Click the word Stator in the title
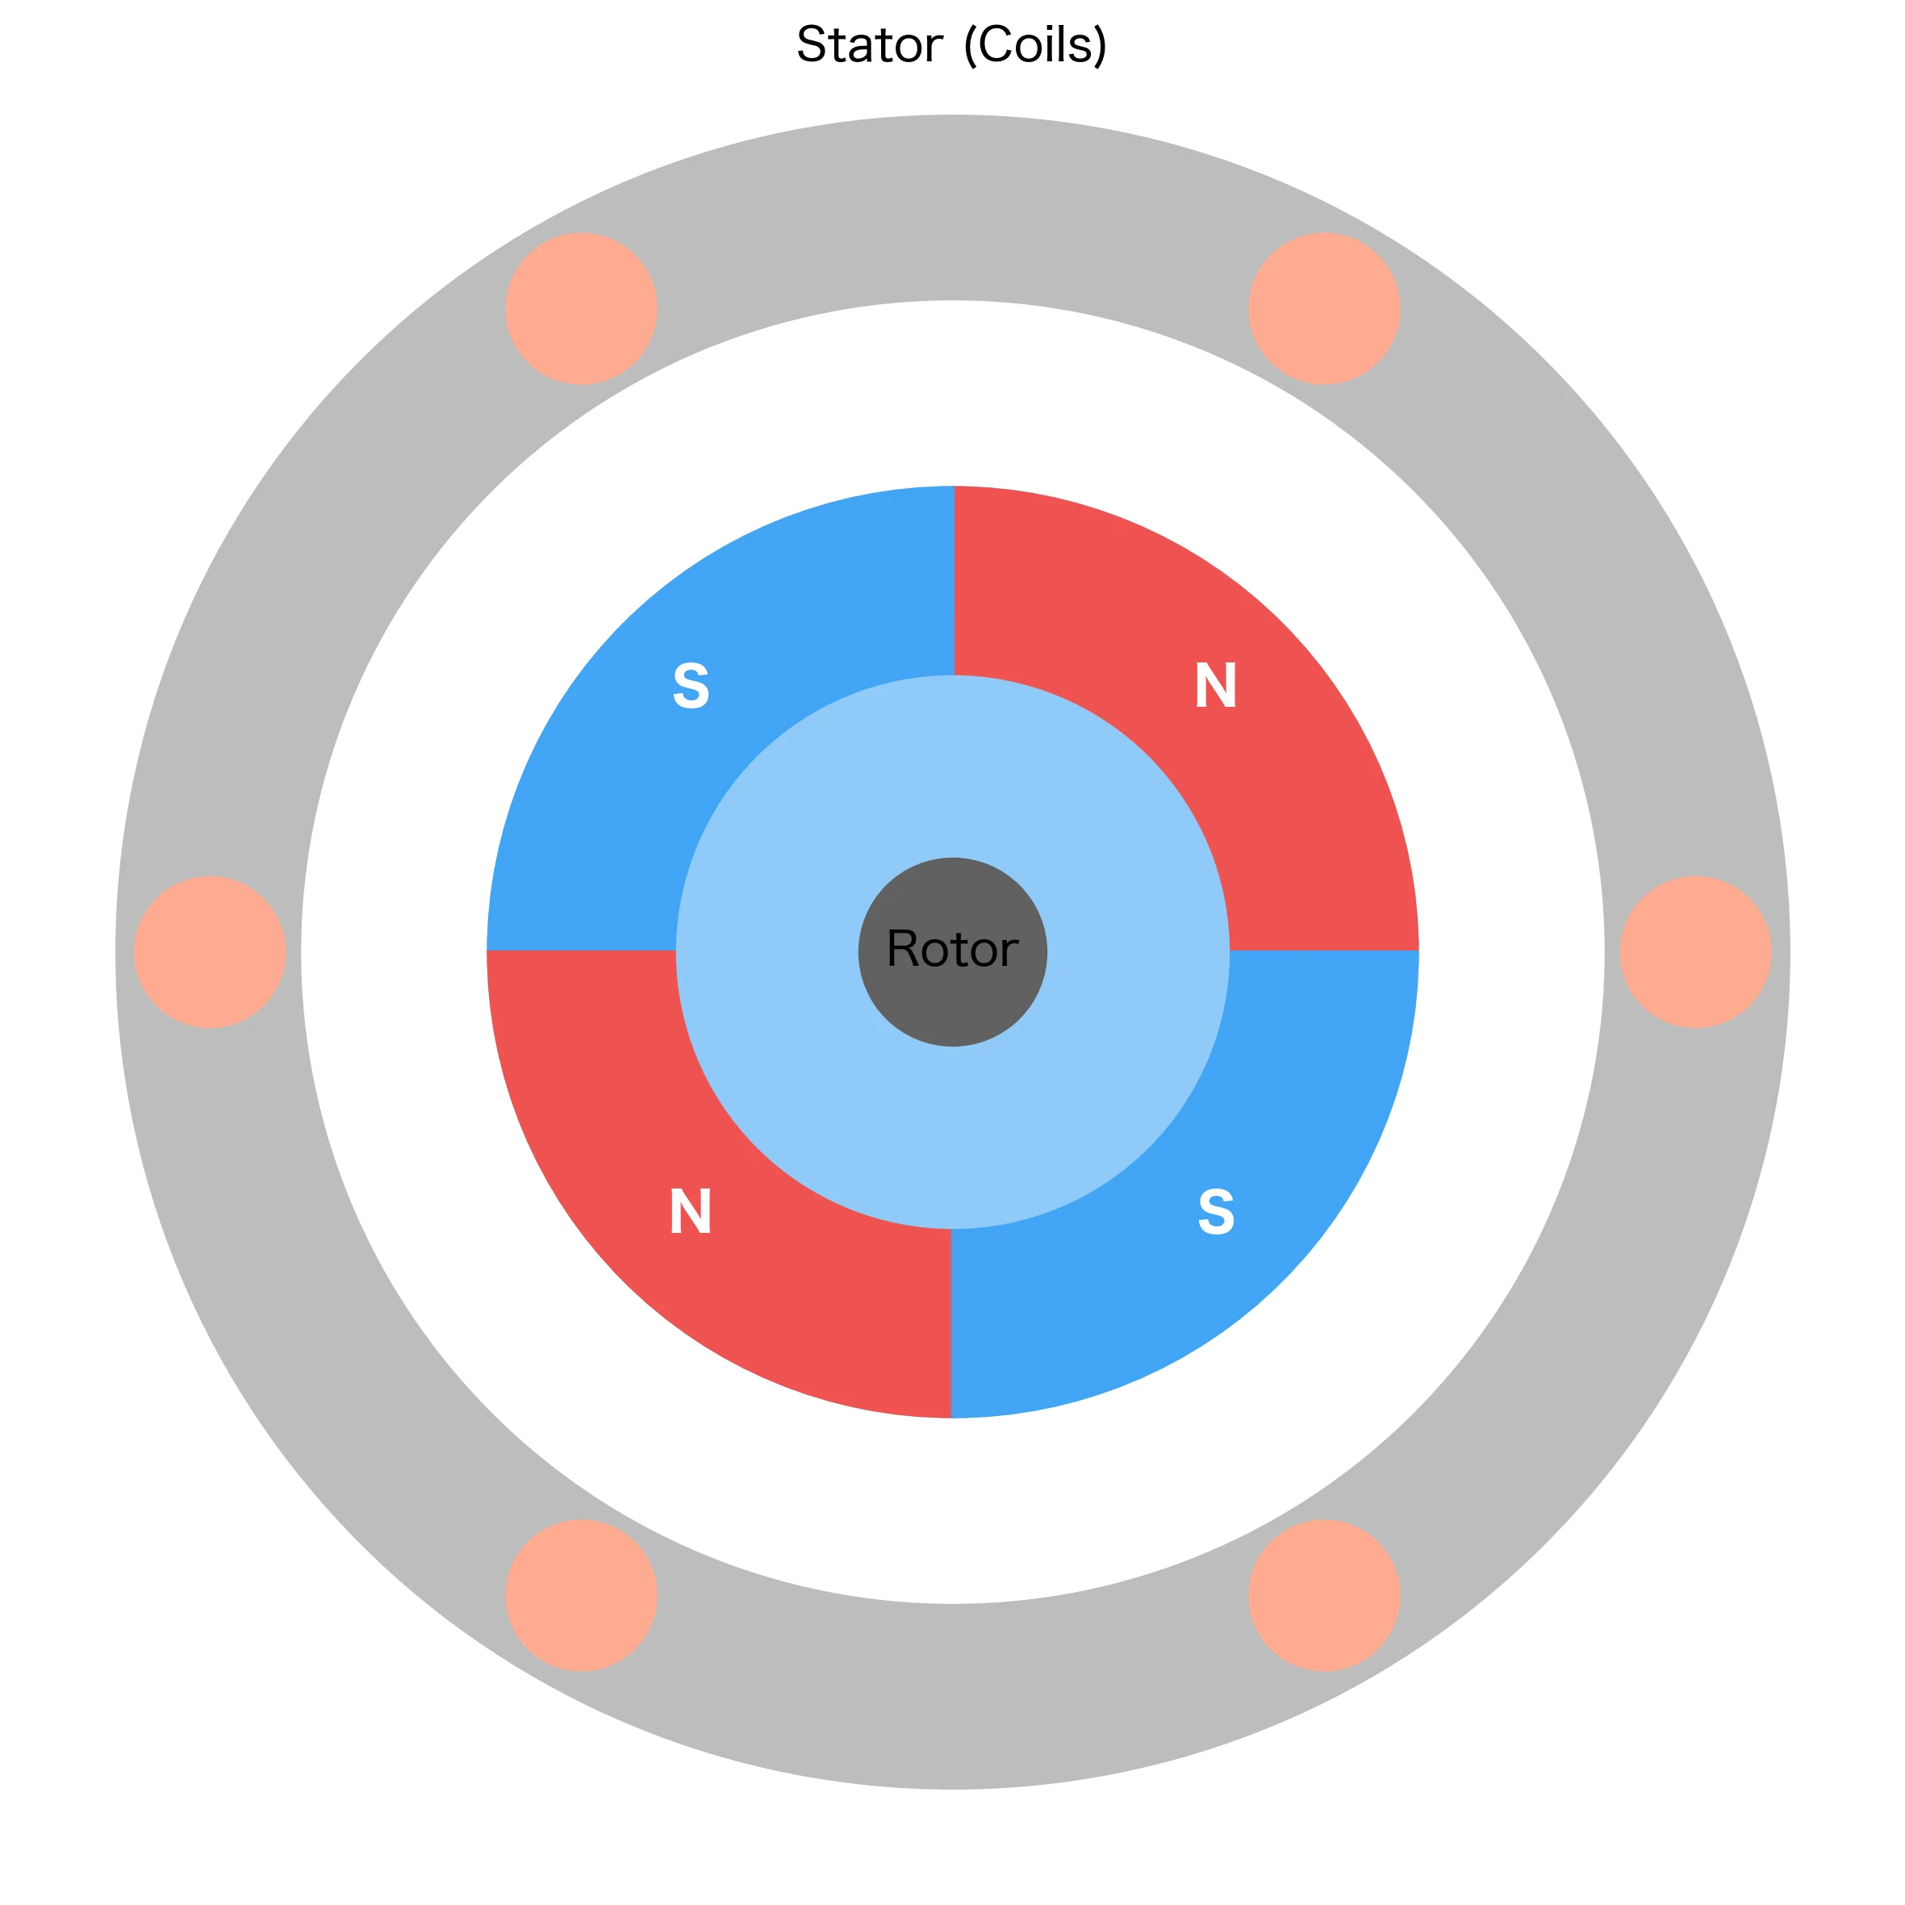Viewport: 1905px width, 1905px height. click(869, 45)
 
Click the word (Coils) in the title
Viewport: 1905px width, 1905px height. click(1034, 45)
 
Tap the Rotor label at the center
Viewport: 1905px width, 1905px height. click(951, 949)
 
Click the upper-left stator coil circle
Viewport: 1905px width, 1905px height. click(582, 309)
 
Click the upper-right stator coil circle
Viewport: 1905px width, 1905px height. click(1324, 309)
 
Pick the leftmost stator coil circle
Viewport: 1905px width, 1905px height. click(210, 952)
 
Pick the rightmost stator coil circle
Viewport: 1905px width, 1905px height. click(1696, 952)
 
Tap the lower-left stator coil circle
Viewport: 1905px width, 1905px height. click(582, 1595)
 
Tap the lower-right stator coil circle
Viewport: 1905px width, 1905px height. click(1324, 1595)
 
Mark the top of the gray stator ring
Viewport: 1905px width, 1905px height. click(952, 207)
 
